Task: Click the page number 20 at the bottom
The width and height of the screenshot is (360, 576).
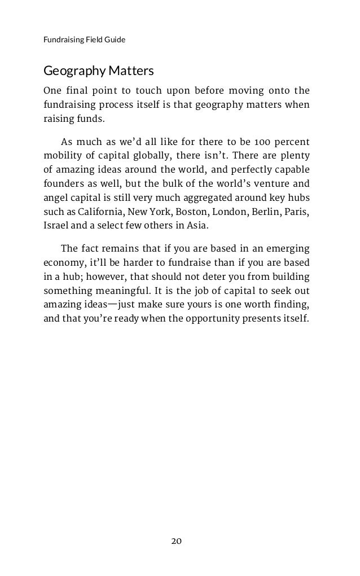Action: click(177, 541)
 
